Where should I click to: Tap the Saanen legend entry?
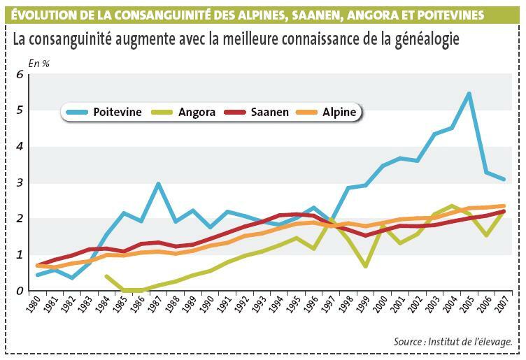[260, 112]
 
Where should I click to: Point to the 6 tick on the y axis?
[20, 74]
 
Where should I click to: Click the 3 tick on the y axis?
[20, 183]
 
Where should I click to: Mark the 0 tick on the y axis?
[20, 291]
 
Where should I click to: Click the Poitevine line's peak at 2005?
[469, 93]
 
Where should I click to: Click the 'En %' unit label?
[38, 64]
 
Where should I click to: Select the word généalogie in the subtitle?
[425, 39]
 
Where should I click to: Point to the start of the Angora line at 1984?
[106, 276]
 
